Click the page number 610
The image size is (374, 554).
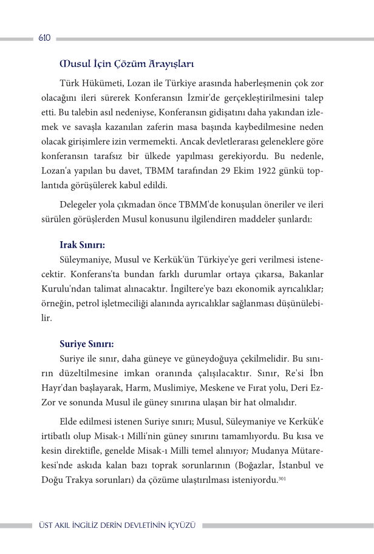tap(44, 38)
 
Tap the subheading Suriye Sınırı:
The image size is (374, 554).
tap(86, 343)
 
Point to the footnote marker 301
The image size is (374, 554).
tap(281, 480)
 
